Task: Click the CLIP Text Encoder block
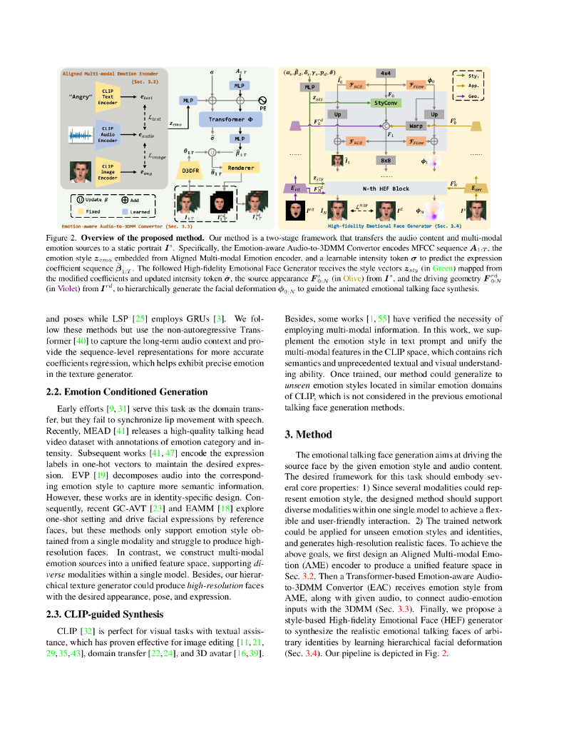point(107,96)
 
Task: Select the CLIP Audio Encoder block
point(107,134)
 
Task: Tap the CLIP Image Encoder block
point(107,172)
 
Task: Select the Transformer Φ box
point(230,119)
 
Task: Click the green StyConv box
point(386,103)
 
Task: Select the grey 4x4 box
point(386,74)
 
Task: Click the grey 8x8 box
point(386,161)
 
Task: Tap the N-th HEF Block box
point(386,188)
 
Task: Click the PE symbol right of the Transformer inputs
point(262,101)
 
